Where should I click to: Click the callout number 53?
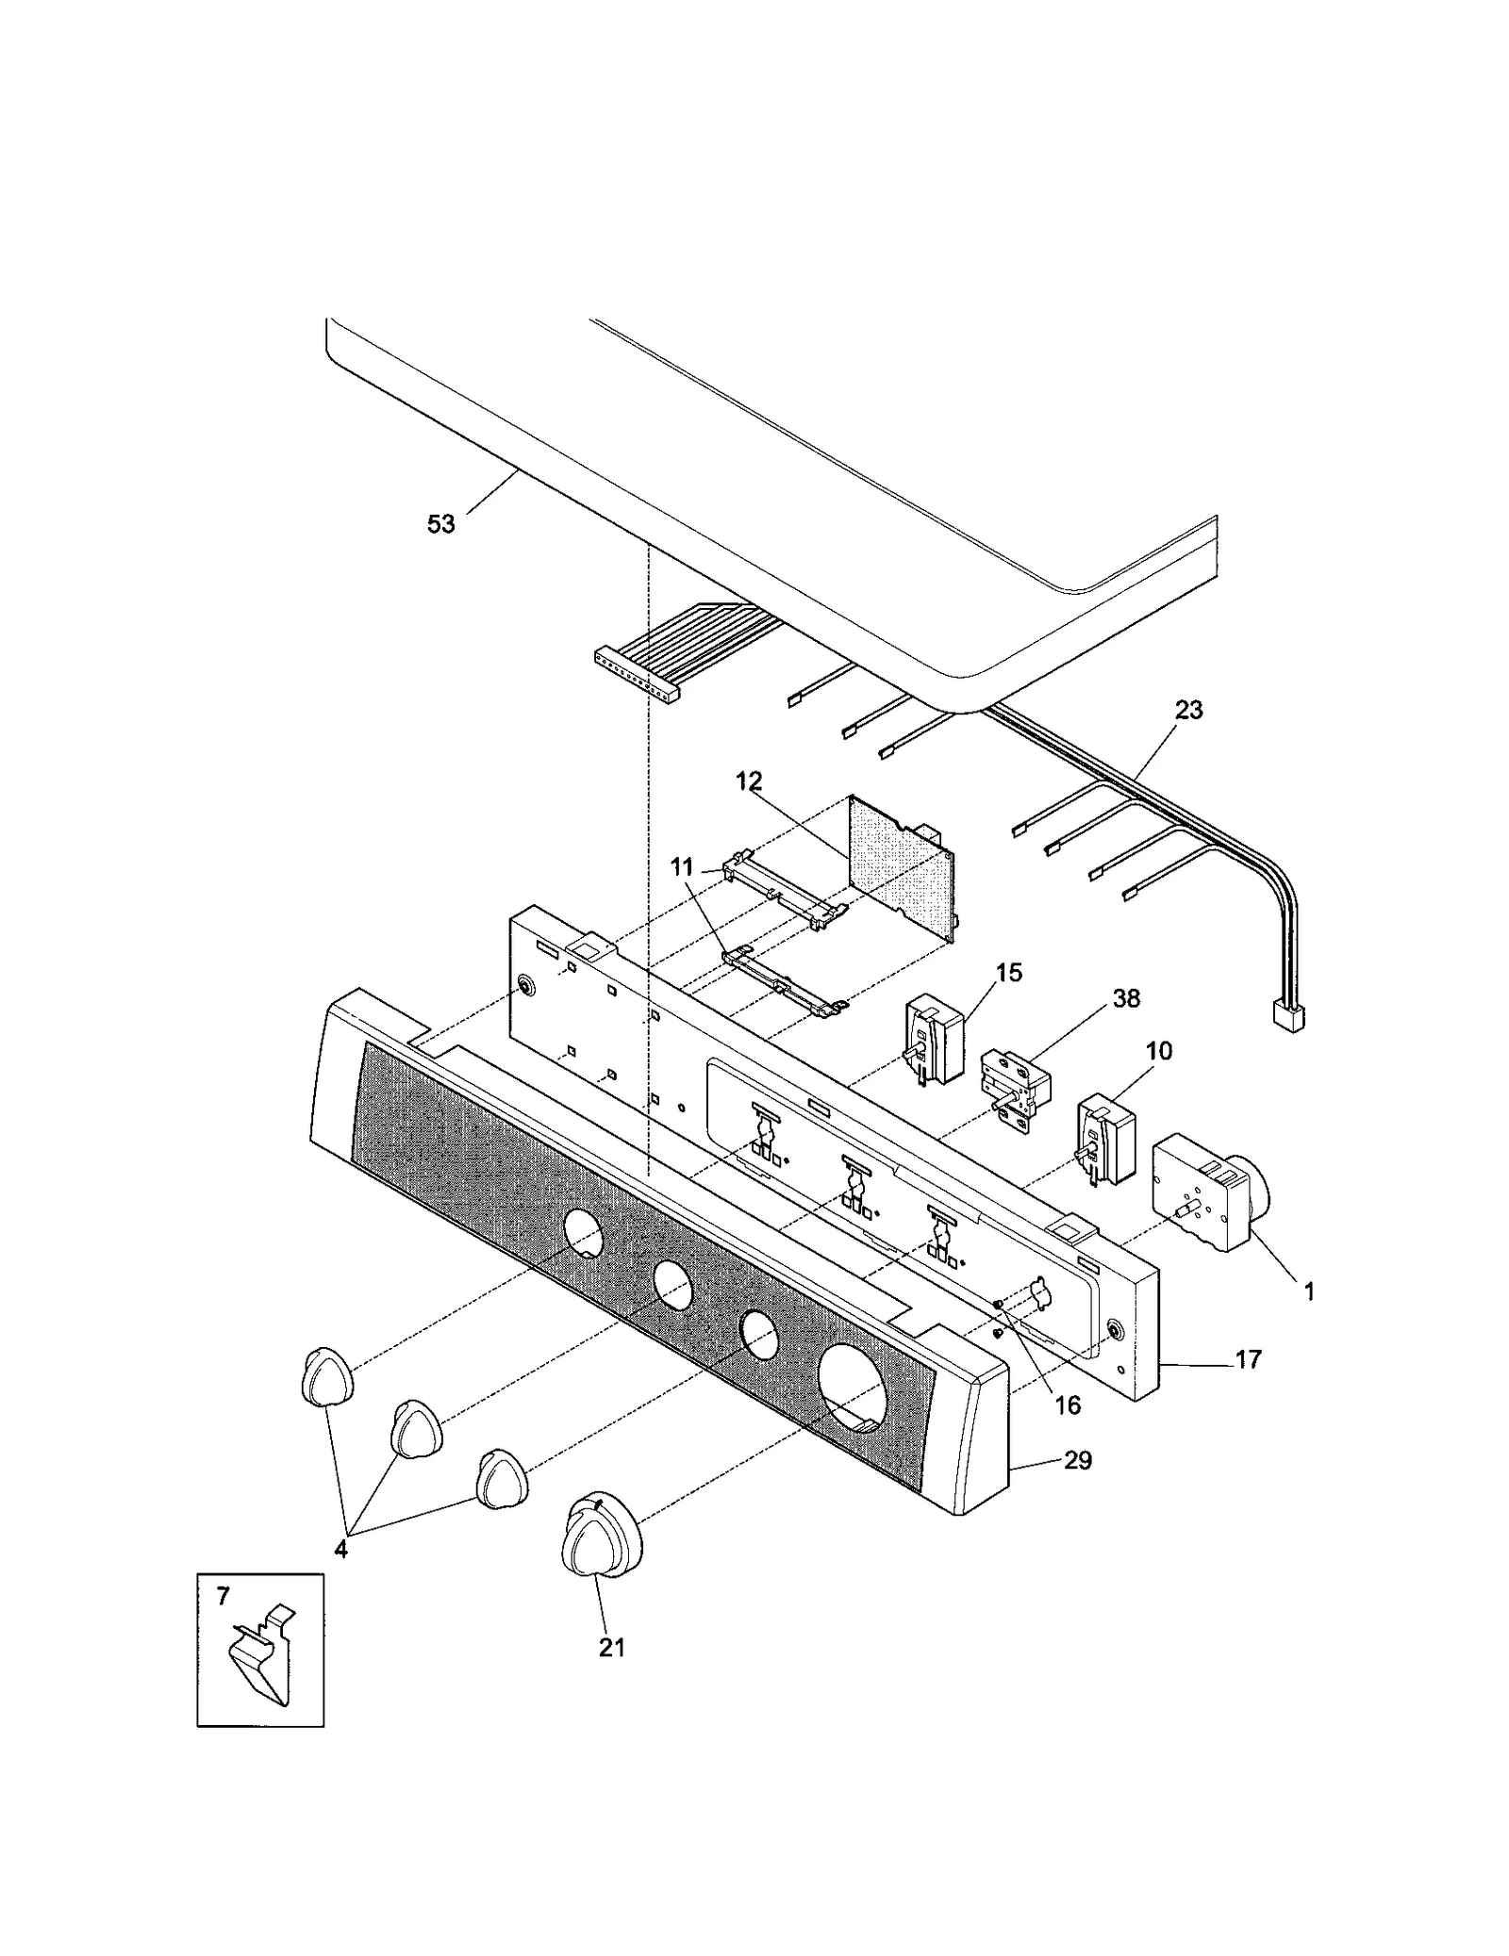440,524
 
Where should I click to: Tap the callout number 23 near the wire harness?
1188,710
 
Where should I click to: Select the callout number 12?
749,781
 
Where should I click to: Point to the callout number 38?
1126,998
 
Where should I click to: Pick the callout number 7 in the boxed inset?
223,1596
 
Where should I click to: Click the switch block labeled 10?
1105,1137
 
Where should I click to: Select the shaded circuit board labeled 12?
901,867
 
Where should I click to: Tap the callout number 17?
1248,1359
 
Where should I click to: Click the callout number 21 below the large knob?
611,1647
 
